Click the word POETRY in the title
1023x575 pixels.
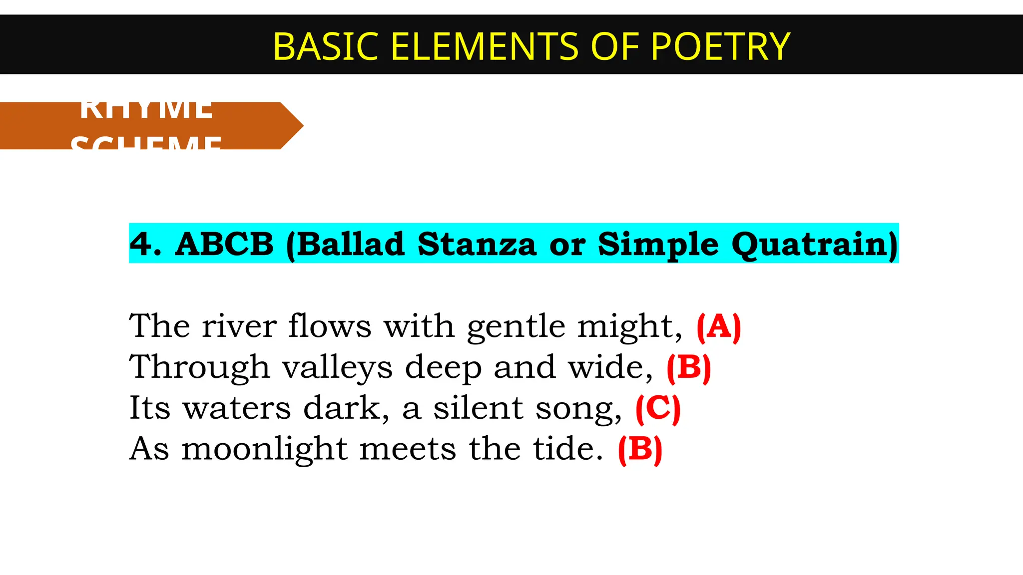720,46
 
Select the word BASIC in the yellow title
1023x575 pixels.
327,46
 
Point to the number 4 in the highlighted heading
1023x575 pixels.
141,244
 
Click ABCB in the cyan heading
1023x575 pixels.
224,244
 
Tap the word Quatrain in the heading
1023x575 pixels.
814,244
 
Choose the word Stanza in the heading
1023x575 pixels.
477,244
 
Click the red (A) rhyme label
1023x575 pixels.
719,327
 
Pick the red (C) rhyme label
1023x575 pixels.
658,409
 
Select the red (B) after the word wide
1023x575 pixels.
689,368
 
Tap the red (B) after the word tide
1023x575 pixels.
640,450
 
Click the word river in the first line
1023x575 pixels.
239,327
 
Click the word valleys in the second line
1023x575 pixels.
337,368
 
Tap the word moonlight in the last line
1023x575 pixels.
264,449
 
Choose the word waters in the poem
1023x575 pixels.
237,409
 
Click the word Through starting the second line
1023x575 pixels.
199,368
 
